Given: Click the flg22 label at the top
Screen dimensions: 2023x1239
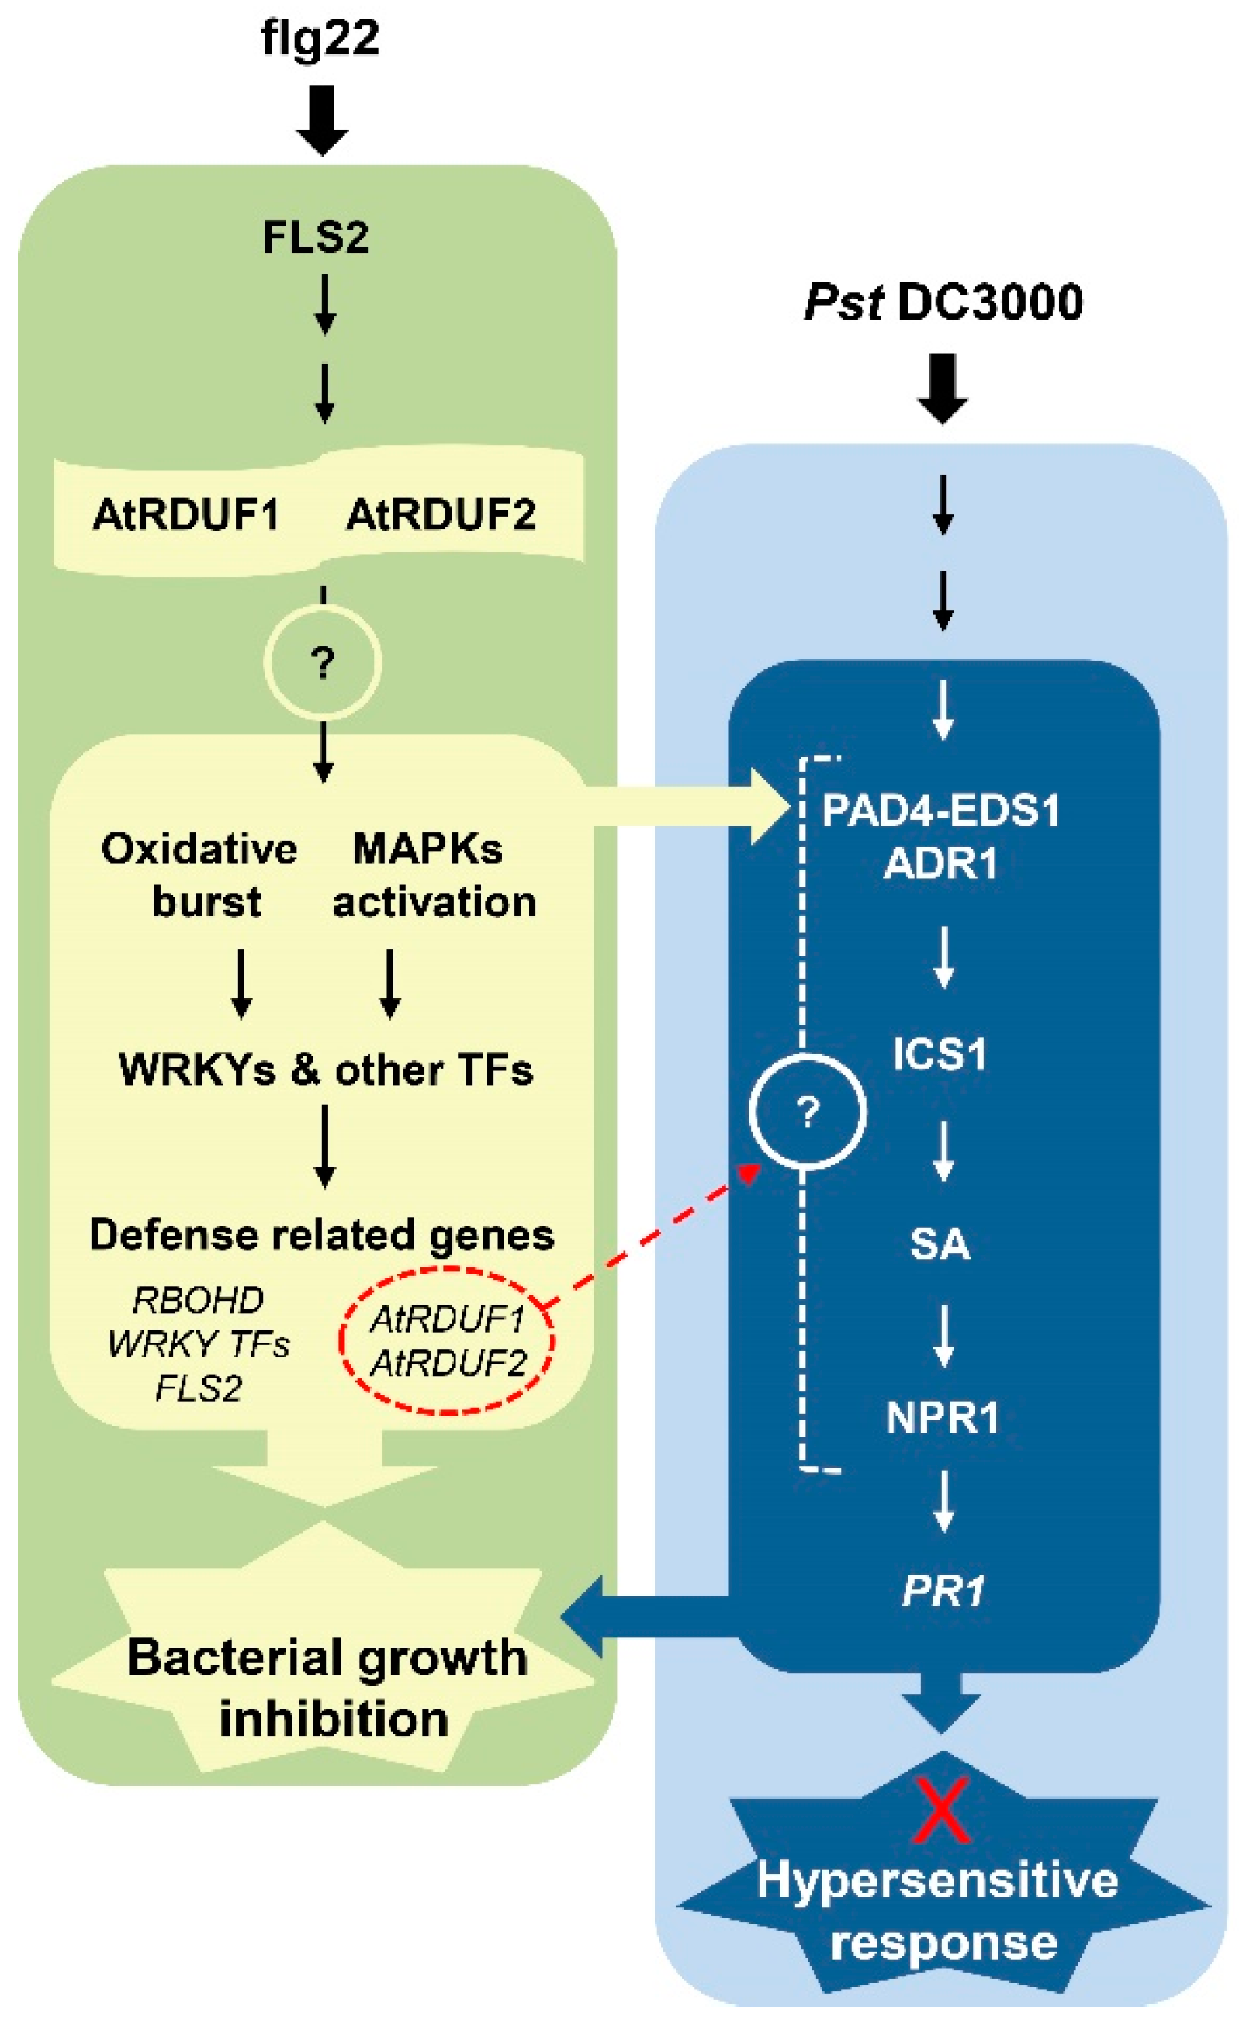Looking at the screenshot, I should coord(320,39).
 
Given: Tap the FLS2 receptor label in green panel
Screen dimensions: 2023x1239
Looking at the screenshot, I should coord(315,237).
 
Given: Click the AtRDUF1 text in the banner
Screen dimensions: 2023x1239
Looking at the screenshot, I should coord(186,516).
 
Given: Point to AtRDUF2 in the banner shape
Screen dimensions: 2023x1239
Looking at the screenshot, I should coord(441,516).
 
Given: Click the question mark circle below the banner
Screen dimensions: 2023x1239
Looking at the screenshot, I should coord(323,662).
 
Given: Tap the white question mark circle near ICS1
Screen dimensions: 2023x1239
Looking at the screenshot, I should coord(807,1112).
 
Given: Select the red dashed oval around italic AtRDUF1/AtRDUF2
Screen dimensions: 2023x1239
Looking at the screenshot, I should coord(448,1340).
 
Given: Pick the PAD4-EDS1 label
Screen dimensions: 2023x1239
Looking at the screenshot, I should coord(941,811).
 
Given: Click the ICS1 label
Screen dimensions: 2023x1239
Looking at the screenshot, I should coord(940,1053).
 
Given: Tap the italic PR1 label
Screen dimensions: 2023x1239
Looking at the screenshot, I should coord(943,1591).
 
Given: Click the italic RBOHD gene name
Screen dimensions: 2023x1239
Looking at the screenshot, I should coord(198,1300).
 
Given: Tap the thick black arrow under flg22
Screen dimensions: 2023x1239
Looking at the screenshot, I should coord(322,119).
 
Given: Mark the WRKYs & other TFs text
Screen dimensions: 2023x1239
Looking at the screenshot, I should coord(326,1070).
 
